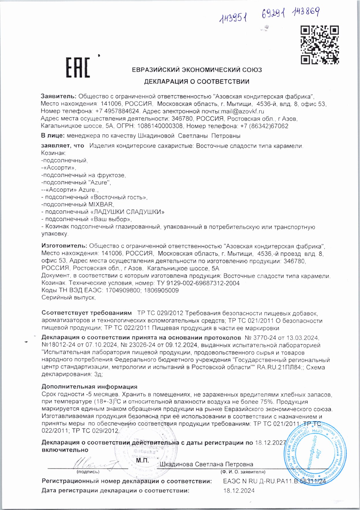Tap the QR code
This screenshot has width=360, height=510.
(320, 45)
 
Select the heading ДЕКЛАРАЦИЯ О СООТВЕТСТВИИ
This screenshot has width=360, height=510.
(196, 82)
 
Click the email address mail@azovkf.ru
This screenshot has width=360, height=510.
(242, 111)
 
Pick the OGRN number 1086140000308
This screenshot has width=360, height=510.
(160, 126)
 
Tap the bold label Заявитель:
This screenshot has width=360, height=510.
(59, 96)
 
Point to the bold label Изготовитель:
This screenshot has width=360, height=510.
(64, 246)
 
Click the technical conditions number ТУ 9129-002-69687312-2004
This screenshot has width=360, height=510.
(198, 283)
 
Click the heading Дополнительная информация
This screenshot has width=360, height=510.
(89, 387)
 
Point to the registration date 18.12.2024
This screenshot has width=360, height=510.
(239, 490)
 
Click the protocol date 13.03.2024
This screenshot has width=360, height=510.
(303, 338)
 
